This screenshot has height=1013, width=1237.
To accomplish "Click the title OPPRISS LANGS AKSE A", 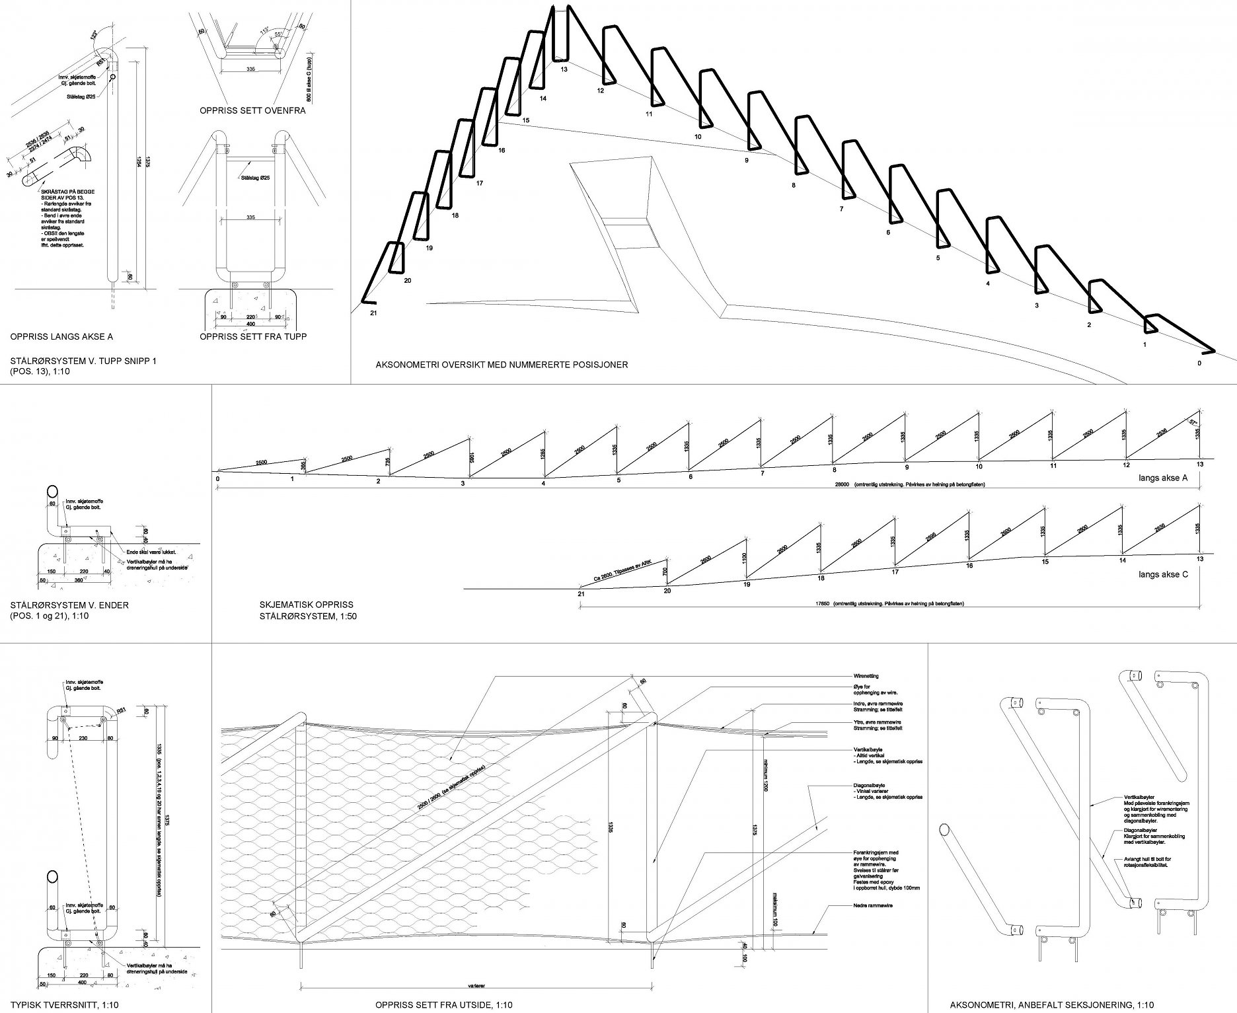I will [x=61, y=337].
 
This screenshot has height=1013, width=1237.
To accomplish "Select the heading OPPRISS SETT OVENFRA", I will [x=252, y=111].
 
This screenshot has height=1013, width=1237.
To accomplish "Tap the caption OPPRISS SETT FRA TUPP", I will [x=253, y=337].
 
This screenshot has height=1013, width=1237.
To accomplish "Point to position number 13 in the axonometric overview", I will [x=563, y=69].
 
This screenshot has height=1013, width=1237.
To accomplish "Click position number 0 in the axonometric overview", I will [x=1199, y=363].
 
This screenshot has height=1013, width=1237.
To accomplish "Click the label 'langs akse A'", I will [x=1163, y=478].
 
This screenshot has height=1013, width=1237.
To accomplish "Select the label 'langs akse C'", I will [x=1163, y=575].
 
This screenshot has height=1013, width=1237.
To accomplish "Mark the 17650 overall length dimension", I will [x=823, y=603].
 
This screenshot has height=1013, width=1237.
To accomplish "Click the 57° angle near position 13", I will [x=1193, y=423].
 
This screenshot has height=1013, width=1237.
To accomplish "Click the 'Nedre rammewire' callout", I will [x=874, y=905].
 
